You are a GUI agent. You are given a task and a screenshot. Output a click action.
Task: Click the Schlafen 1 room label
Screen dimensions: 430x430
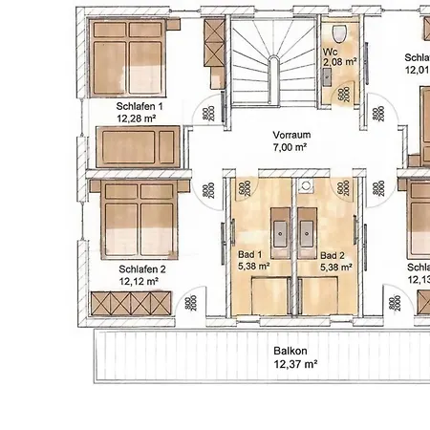point(140,106)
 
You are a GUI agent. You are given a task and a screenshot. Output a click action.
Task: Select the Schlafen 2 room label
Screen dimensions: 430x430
point(142,270)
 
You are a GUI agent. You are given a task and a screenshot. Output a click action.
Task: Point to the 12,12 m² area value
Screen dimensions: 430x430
point(142,283)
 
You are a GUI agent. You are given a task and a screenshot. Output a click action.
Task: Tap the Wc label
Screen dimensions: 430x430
point(330,50)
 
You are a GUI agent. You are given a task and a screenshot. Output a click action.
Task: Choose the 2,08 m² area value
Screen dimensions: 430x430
point(339,61)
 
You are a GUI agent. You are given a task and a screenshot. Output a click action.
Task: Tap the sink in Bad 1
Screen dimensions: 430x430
point(279,230)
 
